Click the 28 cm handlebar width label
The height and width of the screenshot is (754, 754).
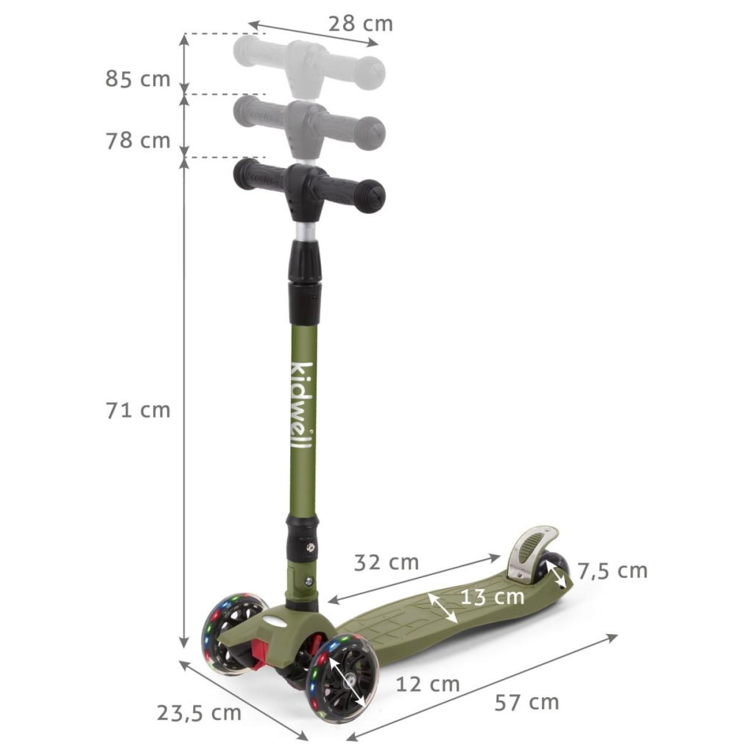[x=360, y=24]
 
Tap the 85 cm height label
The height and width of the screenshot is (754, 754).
[x=138, y=79]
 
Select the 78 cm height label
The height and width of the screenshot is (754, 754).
[x=138, y=140]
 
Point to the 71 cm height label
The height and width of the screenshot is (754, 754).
[x=138, y=410]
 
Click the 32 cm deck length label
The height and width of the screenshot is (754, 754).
[x=386, y=563]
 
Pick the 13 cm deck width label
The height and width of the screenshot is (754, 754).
[x=493, y=596]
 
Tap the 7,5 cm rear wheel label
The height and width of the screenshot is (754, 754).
[x=612, y=570]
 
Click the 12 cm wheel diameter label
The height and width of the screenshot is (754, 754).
[x=428, y=684]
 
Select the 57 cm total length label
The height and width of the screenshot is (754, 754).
[x=526, y=702]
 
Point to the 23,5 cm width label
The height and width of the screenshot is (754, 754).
[x=199, y=713]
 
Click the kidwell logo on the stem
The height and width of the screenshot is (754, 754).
[x=303, y=409]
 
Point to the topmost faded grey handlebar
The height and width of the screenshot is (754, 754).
[x=310, y=65]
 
